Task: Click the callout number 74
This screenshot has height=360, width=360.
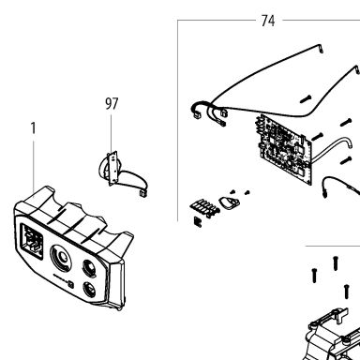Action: coord(268,21)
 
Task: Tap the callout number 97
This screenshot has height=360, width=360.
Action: coord(112,104)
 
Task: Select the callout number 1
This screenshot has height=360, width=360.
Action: coord(33,128)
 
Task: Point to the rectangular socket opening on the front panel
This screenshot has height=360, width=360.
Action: coord(32,241)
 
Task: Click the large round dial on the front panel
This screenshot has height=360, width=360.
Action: coord(61,258)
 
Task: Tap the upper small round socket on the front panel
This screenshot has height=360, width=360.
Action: coord(90,267)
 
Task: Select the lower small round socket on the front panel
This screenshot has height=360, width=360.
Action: coord(90,291)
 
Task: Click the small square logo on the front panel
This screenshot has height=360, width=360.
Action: coord(71,285)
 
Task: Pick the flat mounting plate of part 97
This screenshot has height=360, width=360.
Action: coord(112,168)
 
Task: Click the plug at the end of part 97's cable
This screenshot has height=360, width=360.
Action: coord(142,193)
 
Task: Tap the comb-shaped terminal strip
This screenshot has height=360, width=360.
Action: coord(203,207)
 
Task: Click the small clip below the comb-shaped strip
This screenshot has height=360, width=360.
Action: coord(198,221)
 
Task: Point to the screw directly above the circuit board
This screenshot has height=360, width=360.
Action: coord(306,99)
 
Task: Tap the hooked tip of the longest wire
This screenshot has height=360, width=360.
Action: coord(321,49)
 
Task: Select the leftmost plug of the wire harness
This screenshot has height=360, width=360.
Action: coord(197,115)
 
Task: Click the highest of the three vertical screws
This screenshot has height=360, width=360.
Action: coord(335,263)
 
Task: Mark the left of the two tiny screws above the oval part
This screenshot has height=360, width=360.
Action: coord(232,191)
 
